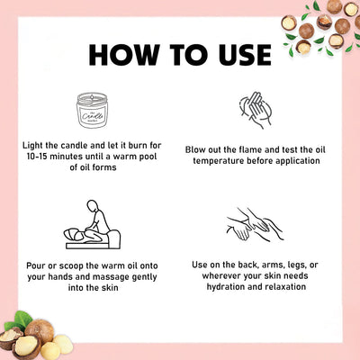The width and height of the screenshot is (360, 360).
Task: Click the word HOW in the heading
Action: click(124, 55)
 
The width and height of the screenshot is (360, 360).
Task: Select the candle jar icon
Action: click(92, 110)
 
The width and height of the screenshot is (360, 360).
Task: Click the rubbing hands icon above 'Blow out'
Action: click(256, 110)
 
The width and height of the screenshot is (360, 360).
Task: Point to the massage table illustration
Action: click(93, 224)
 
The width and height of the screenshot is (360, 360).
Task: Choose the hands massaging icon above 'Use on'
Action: click(255, 224)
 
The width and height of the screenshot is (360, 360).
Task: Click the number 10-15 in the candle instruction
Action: click(37, 157)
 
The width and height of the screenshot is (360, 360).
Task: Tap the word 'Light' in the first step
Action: click(32, 146)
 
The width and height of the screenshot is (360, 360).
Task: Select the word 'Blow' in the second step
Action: click(195, 149)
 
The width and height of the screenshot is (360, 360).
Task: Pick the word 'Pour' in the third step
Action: click(36, 265)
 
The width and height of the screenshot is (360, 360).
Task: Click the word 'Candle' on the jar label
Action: click(92, 116)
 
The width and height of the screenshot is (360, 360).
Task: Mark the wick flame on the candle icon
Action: click(92, 97)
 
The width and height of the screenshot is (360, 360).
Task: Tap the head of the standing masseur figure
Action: click(93, 205)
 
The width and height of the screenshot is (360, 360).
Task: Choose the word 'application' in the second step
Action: click(298, 161)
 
